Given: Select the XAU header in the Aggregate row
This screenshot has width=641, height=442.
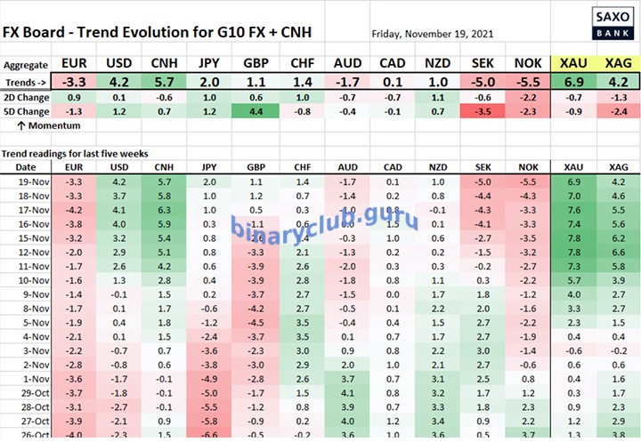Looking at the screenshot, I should click(x=572, y=64).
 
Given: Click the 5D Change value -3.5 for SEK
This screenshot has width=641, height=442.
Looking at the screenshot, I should click(x=483, y=111).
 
